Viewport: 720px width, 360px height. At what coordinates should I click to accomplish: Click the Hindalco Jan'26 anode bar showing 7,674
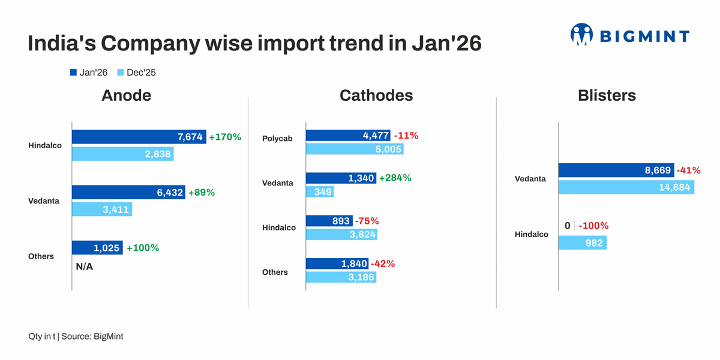(x=139, y=137)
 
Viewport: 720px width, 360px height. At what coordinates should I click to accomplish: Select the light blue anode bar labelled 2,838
(x=122, y=154)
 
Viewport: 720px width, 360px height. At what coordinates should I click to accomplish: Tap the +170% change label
(x=225, y=137)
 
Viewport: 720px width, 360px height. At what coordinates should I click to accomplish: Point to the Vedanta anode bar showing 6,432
(x=128, y=193)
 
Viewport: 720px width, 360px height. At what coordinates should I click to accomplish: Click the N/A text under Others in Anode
(x=85, y=266)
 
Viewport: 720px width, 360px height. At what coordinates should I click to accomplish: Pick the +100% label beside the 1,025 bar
(x=143, y=248)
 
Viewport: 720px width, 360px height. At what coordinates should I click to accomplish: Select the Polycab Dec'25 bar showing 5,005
(x=354, y=149)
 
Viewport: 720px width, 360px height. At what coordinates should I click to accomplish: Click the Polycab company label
(x=277, y=139)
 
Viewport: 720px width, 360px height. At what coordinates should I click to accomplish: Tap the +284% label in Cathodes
(x=395, y=178)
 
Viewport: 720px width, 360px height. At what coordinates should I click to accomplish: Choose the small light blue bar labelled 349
(x=319, y=192)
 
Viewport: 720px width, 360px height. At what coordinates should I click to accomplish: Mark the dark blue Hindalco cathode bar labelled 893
(x=329, y=221)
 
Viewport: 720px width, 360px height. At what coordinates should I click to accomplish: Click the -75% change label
(x=367, y=221)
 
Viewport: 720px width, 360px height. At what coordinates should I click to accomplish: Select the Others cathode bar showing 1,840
(x=337, y=264)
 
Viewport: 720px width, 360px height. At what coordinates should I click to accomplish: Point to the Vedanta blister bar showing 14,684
(x=626, y=188)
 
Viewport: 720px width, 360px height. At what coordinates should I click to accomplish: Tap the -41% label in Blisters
(x=688, y=170)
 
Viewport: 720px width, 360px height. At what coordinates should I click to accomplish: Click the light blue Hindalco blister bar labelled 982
(x=582, y=243)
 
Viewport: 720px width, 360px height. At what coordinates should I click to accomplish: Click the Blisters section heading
(x=607, y=95)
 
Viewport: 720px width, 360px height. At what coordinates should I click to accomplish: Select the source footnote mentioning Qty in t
(x=76, y=336)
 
